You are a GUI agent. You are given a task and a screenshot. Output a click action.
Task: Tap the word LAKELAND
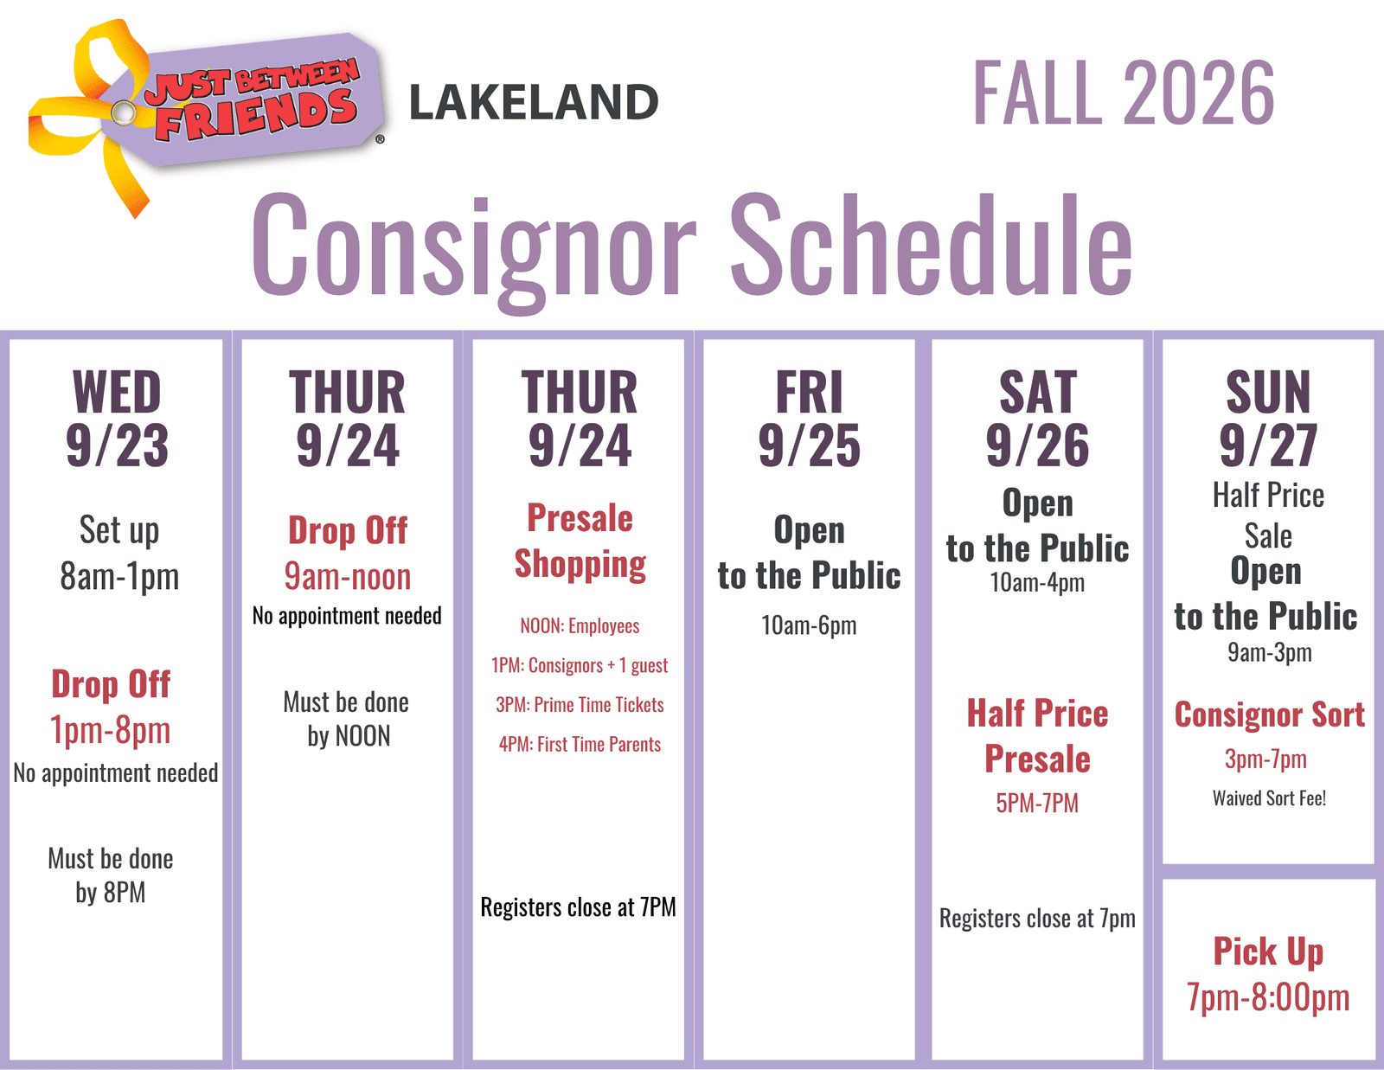(x=534, y=102)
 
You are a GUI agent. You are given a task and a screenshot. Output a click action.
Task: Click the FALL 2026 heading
(x=1124, y=93)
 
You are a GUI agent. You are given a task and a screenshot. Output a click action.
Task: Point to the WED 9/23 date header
(x=117, y=419)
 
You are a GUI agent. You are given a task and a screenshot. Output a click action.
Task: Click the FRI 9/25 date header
(x=809, y=419)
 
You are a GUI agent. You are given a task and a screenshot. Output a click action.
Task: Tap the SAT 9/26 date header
(x=1037, y=419)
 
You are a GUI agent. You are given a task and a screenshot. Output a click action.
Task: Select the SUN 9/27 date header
(x=1268, y=419)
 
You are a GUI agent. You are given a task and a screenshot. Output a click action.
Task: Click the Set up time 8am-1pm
(x=119, y=576)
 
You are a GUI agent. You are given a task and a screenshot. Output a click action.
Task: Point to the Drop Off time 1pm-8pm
(x=111, y=730)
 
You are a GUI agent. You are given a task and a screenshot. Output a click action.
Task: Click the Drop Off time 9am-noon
(x=347, y=576)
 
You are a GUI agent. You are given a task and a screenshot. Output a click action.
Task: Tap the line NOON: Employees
(x=580, y=626)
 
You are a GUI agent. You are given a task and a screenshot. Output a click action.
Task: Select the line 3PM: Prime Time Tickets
(x=580, y=705)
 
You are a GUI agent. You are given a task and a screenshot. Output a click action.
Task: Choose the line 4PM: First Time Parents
(x=580, y=745)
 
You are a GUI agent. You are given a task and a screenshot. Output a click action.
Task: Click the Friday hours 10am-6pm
(x=809, y=625)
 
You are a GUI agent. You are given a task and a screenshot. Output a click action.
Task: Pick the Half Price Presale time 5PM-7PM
(x=1037, y=803)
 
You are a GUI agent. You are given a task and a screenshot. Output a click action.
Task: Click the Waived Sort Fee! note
(x=1269, y=798)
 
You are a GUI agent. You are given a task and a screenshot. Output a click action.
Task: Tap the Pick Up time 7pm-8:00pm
(x=1268, y=997)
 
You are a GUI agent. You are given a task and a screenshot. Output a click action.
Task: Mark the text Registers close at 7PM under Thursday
(x=579, y=907)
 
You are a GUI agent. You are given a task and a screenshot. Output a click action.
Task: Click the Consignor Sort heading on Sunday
(x=1269, y=714)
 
